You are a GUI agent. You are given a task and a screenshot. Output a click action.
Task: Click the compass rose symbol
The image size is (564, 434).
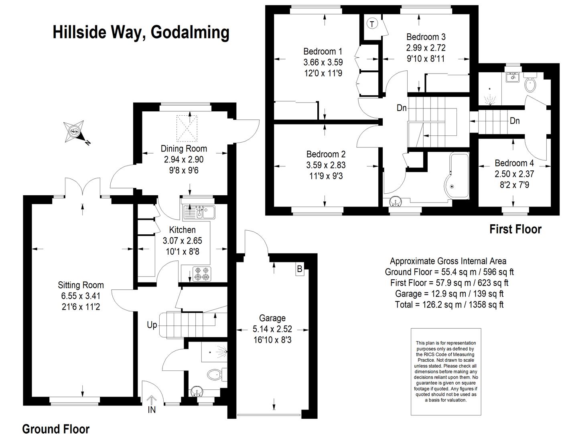(x=74, y=131)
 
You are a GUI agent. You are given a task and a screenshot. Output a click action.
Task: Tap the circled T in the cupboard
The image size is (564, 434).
(x=372, y=24)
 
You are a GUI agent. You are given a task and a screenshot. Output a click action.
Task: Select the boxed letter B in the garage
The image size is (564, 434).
(x=300, y=269)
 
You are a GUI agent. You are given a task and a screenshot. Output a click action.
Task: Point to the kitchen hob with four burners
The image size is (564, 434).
(x=202, y=274)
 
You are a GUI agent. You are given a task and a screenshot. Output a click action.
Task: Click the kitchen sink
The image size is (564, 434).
(x=199, y=212)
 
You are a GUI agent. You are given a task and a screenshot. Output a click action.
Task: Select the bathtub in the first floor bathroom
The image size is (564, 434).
(x=456, y=176)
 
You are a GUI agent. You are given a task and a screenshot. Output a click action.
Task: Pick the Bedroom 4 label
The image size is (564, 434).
(x=514, y=163)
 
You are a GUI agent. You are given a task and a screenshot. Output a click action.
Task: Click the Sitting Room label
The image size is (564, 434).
(x=81, y=285)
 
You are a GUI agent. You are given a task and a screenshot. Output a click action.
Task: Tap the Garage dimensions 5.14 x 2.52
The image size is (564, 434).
(x=272, y=329)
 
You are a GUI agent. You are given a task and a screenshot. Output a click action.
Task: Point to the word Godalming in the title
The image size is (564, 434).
(x=190, y=33)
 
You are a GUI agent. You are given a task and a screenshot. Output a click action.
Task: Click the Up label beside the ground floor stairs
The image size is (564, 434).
(x=152, y=325)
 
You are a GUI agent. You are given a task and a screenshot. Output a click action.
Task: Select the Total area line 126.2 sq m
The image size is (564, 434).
(x=449, y=304)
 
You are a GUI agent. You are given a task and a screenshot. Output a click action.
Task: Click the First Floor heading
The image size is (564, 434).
(x=515, y=229)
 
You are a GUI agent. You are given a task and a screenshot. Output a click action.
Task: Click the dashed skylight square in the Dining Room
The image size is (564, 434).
(x=187, y=129)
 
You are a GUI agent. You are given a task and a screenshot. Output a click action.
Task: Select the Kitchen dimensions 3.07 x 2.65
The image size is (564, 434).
(x=182, y=241)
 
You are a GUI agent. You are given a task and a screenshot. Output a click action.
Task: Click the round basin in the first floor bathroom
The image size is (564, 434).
(x=395, y=201)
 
